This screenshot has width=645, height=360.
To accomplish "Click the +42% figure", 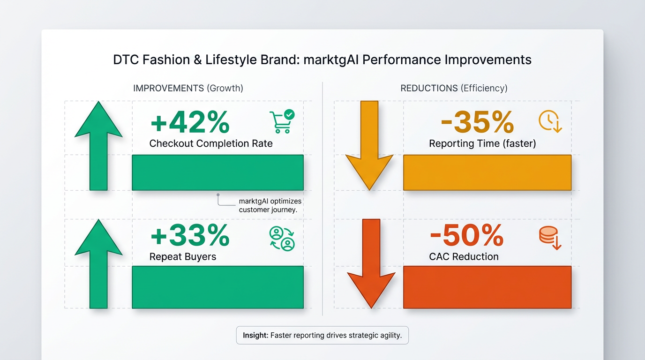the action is [x=190, y=122].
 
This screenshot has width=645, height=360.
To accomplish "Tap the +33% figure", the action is [x=190, y=236].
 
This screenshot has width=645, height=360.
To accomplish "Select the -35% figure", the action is [x=477, y=122].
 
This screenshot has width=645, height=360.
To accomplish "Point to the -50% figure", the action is [x=467, y=236].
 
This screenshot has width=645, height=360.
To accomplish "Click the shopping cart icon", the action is [x=282, y=121].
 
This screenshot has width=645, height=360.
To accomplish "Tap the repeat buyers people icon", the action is [x=282, y=239].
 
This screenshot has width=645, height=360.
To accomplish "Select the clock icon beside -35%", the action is [x=550, y=121].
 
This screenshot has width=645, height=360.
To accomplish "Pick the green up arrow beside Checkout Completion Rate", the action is [x=98, y=146].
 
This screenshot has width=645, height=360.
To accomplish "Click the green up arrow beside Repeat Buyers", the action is [x=98, y=264].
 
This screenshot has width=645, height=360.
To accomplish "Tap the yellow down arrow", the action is [x=369, y=146].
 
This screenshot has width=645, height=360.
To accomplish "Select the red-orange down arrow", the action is [x=371, y=264].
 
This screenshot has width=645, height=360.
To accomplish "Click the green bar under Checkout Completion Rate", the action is [x=217, y=172].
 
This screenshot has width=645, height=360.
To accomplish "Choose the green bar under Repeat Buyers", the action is [x=217, y=287].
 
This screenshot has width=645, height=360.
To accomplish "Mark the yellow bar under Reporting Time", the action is [x=487, y=172].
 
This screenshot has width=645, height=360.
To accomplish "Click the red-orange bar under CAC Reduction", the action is [x=487, y=287].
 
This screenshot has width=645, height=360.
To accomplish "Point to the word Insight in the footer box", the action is [x=255, y=335].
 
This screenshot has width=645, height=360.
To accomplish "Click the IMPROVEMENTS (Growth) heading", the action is [x=188, y=88].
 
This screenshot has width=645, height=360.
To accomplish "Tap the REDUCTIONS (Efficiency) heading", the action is [x=454, y=88].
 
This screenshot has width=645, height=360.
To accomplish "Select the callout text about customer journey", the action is [x=270, y=205].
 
